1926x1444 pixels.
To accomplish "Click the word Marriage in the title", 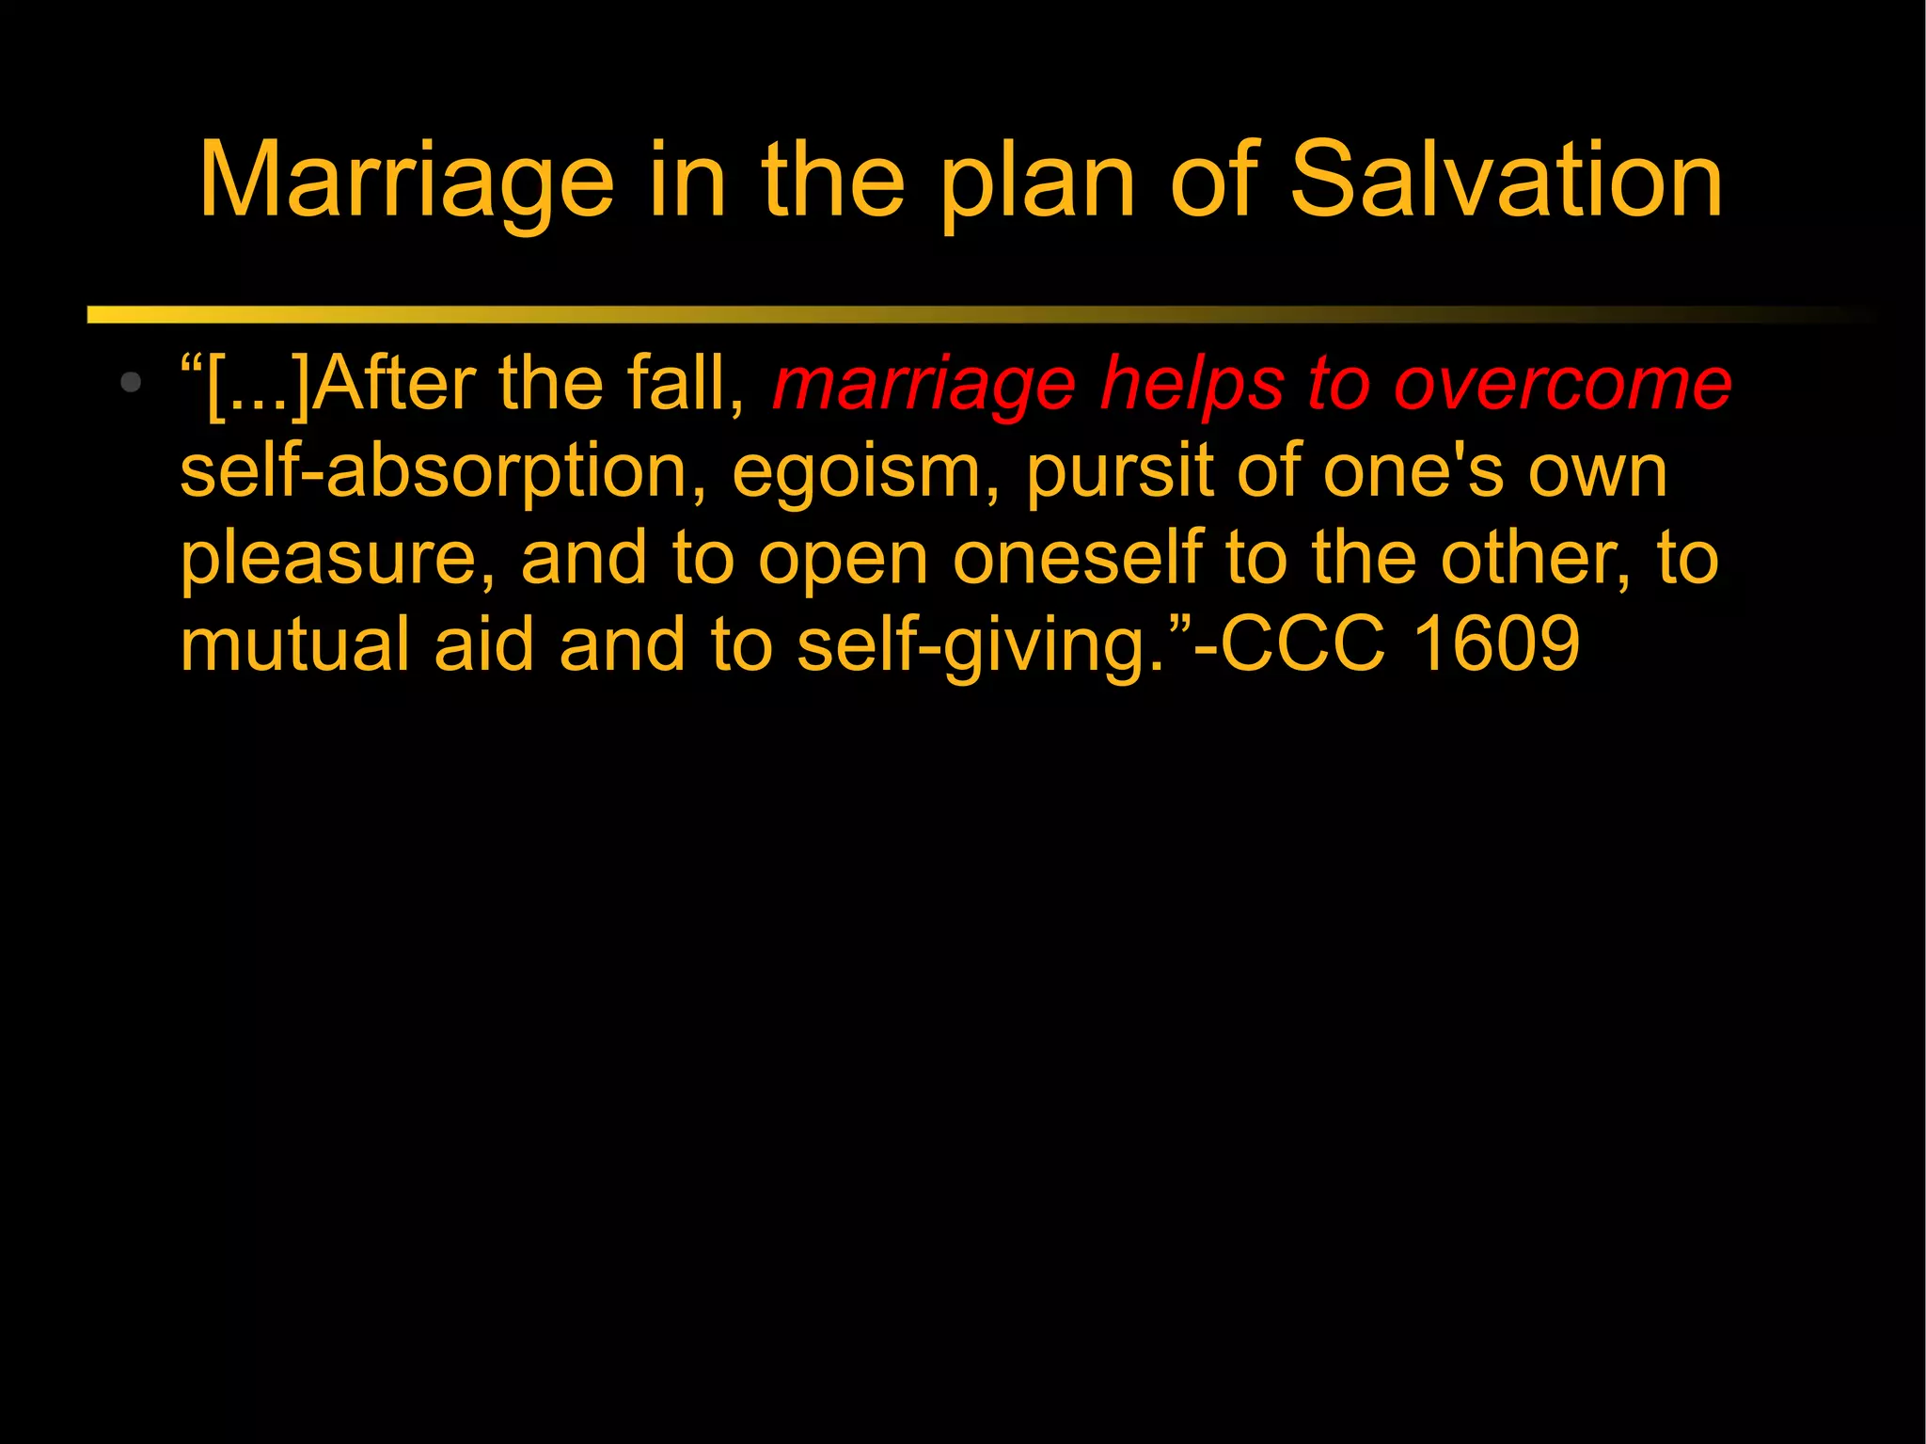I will click(406, 181).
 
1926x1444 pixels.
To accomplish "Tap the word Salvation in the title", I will click(1506, 181).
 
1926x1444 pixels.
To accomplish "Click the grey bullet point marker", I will click(131, 382).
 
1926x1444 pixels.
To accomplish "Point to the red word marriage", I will click(924, 386).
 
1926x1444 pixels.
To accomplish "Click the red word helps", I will click(1192, 386).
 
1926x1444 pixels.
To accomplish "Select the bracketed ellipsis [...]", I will click(257, 386).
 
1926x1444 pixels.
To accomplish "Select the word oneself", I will click(1078, 558).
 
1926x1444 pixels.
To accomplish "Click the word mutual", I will click(294, 645).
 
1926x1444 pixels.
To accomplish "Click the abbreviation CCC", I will click(1302, 645).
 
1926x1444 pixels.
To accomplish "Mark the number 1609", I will click(1496, 645).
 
